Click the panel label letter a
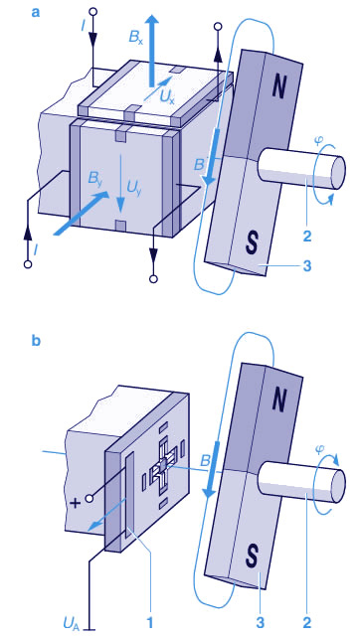tap(36, 13)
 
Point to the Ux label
tap(166, 97)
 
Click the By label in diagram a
tap(95, 179)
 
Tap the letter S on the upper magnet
tap(253, 243)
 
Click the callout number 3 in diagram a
tap(308, 266)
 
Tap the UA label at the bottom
tap(71, 623)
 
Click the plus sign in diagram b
tap(75, 504)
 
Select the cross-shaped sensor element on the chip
tap(163, 466)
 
